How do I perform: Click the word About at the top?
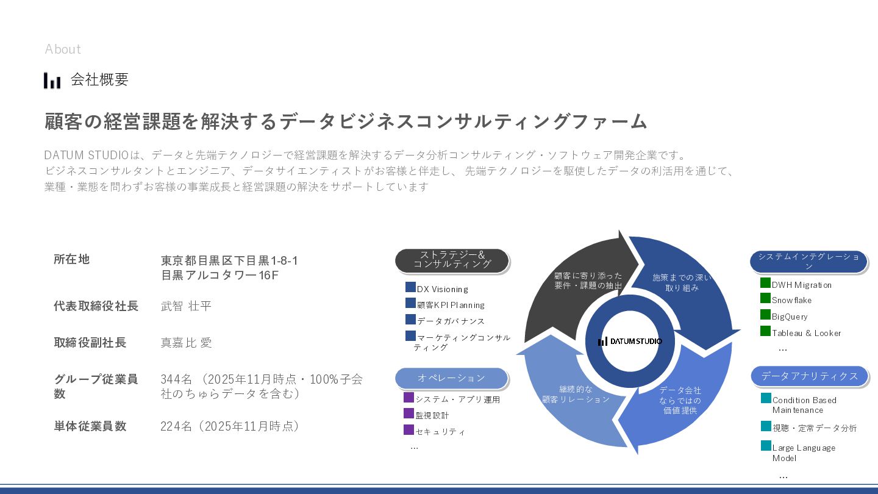63,49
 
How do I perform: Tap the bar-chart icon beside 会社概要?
52,80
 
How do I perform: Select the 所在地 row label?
71,259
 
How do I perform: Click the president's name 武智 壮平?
186,306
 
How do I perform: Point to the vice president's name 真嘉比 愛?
186,343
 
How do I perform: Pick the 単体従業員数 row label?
90,426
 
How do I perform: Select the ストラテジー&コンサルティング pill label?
452,260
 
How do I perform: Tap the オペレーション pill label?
451,378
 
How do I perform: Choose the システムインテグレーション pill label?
808,261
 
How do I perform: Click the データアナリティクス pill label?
809,376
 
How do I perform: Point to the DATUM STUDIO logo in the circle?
630,342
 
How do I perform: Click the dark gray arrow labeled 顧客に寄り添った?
579,287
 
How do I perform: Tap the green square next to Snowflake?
765,298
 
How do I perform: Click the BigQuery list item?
790,317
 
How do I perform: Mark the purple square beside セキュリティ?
409,429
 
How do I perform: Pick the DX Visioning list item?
442,289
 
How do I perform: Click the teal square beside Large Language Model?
766,446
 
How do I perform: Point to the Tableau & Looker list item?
806,333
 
